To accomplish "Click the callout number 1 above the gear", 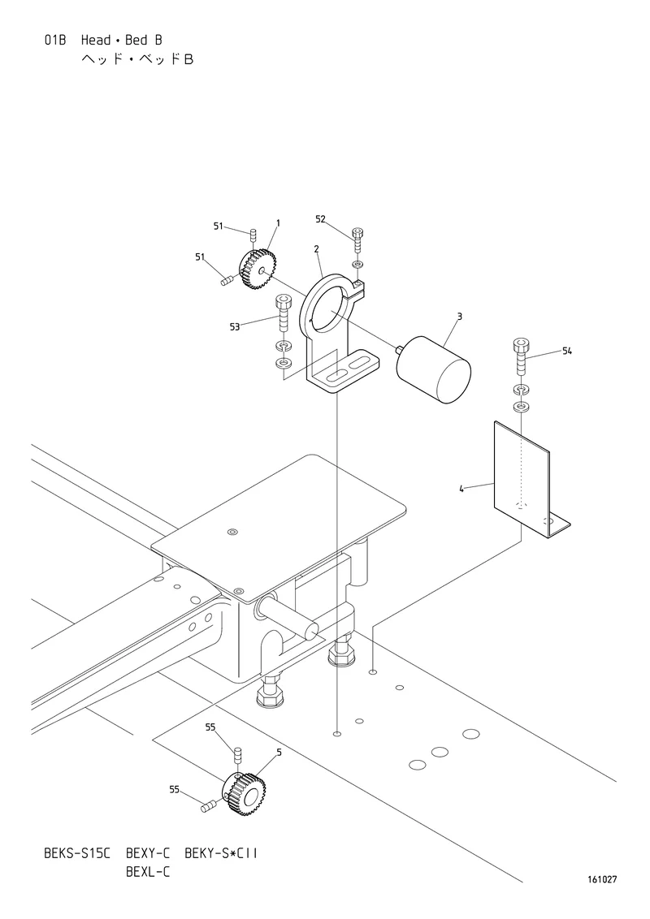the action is pos(278,222).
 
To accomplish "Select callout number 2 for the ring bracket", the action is pos(316,249).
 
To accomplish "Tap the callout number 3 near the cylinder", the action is pos(459,317).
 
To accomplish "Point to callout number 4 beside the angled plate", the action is pos(461,488).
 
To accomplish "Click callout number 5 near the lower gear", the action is pos(279,752).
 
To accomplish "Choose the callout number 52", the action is pos(320,219).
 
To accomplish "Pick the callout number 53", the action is pos(235,327).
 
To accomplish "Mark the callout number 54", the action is pos(566,351).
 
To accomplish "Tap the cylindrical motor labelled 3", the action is pos(434,369).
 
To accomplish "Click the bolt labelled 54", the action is pos(520,356).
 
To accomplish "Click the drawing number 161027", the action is pos(603,879).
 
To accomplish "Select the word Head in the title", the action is pos(96,40).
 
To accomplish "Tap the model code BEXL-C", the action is pos(148,872).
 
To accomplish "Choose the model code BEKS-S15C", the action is pos(77,852).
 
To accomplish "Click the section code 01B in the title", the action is pos(55,40).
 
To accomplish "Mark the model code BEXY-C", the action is pos(148,852).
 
